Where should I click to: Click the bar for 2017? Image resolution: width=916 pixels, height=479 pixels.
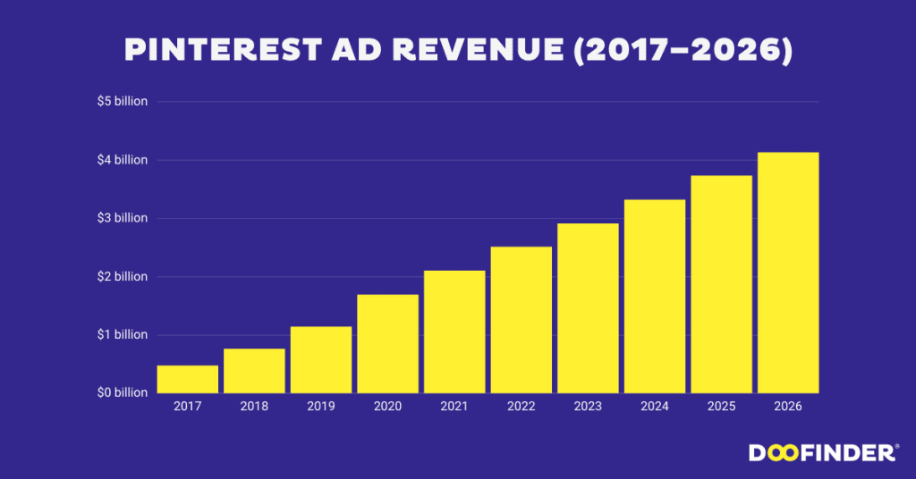coord(188,379)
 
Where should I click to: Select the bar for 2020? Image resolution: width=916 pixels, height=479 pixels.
coord(387,344)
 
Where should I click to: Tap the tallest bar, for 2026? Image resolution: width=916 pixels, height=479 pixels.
coord(788,273)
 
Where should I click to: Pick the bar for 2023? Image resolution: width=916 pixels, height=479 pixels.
coord(588,308)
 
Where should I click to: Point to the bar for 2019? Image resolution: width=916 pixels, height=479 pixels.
coord(321,359)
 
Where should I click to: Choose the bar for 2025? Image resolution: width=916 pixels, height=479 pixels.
coord(721,284)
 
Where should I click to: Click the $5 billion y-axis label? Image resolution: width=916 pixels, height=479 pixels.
coord(123,102)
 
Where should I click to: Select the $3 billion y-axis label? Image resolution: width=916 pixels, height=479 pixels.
coord(123,218)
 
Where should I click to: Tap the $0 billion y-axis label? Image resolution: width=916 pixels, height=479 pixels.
coord(123,393)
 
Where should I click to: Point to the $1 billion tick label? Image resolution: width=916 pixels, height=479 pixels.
coord(123,335)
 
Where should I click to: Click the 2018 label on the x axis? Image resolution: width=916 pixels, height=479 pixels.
coord(254,407)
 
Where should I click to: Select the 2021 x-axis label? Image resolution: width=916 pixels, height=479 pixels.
coord(454,407)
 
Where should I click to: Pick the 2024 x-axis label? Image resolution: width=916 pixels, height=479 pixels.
coord(655,407)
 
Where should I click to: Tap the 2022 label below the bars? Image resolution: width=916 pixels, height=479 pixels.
coord(522,407)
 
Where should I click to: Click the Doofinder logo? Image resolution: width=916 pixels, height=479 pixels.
coord(823,453)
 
